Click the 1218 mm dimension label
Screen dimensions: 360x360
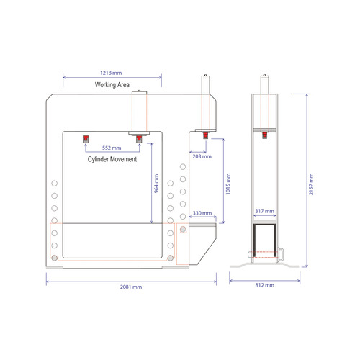pos(111,73)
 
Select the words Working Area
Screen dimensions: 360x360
pos(112,85)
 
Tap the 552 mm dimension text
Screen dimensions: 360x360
pos(112,148)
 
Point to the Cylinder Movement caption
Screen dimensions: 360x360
pos(112,159)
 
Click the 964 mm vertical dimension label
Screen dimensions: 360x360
pos(156,184)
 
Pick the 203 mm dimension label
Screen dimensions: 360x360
pos(202,156)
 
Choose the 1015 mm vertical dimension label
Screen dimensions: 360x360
pos(228,184)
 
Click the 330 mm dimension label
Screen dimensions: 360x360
pos(202,213)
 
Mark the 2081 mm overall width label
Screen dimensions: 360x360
pos(131,287)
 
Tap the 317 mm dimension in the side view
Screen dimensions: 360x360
pos(265,211)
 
